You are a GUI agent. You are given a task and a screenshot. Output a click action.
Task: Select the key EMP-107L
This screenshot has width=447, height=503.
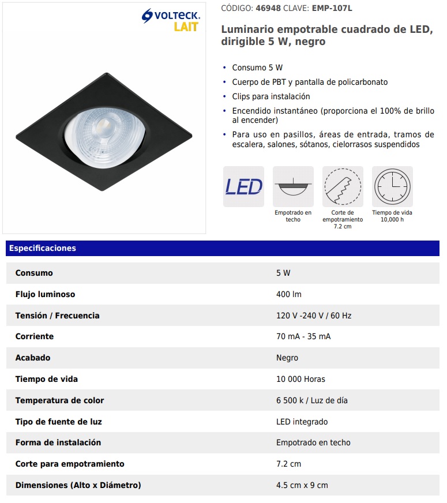tap(332, 9)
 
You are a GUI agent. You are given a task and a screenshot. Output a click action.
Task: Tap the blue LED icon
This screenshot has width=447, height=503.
tap(243, 187)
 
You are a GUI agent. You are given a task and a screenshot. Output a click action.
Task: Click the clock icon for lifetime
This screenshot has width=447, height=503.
tap(392, 187)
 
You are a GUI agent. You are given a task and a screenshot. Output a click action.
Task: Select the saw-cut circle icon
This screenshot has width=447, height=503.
tap(343, 187)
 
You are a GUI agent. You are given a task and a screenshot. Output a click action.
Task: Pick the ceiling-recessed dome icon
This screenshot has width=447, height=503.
tap(293, 187)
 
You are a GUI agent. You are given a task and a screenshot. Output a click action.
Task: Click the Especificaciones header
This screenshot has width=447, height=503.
tap(42, 248)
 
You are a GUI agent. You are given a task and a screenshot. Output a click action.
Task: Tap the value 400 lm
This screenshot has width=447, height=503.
tap(289, 294)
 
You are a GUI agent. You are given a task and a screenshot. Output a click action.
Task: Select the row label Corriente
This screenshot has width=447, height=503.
tap(35, 336)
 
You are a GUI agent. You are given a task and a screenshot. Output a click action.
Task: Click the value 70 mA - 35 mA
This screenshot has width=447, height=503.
tap(303, 336)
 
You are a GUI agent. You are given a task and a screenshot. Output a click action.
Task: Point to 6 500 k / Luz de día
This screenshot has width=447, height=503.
tap(312, 400)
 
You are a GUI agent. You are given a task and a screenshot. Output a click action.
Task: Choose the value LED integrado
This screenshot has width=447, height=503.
tap(302, 422)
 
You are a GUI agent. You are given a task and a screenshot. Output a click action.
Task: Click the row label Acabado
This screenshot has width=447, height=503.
tap(33, 358)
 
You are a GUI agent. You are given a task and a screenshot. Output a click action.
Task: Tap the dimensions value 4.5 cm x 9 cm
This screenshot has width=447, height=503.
tap(302, 485)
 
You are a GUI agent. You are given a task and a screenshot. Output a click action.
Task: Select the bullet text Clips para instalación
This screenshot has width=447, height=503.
tap(271, 96)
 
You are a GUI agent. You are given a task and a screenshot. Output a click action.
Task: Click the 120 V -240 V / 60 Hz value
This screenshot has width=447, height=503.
tap(314, 316)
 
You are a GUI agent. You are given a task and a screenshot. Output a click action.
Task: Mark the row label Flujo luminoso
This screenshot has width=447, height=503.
tap(45, 294)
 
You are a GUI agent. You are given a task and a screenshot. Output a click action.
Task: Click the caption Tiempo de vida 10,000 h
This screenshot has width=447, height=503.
tap(392, 216)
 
